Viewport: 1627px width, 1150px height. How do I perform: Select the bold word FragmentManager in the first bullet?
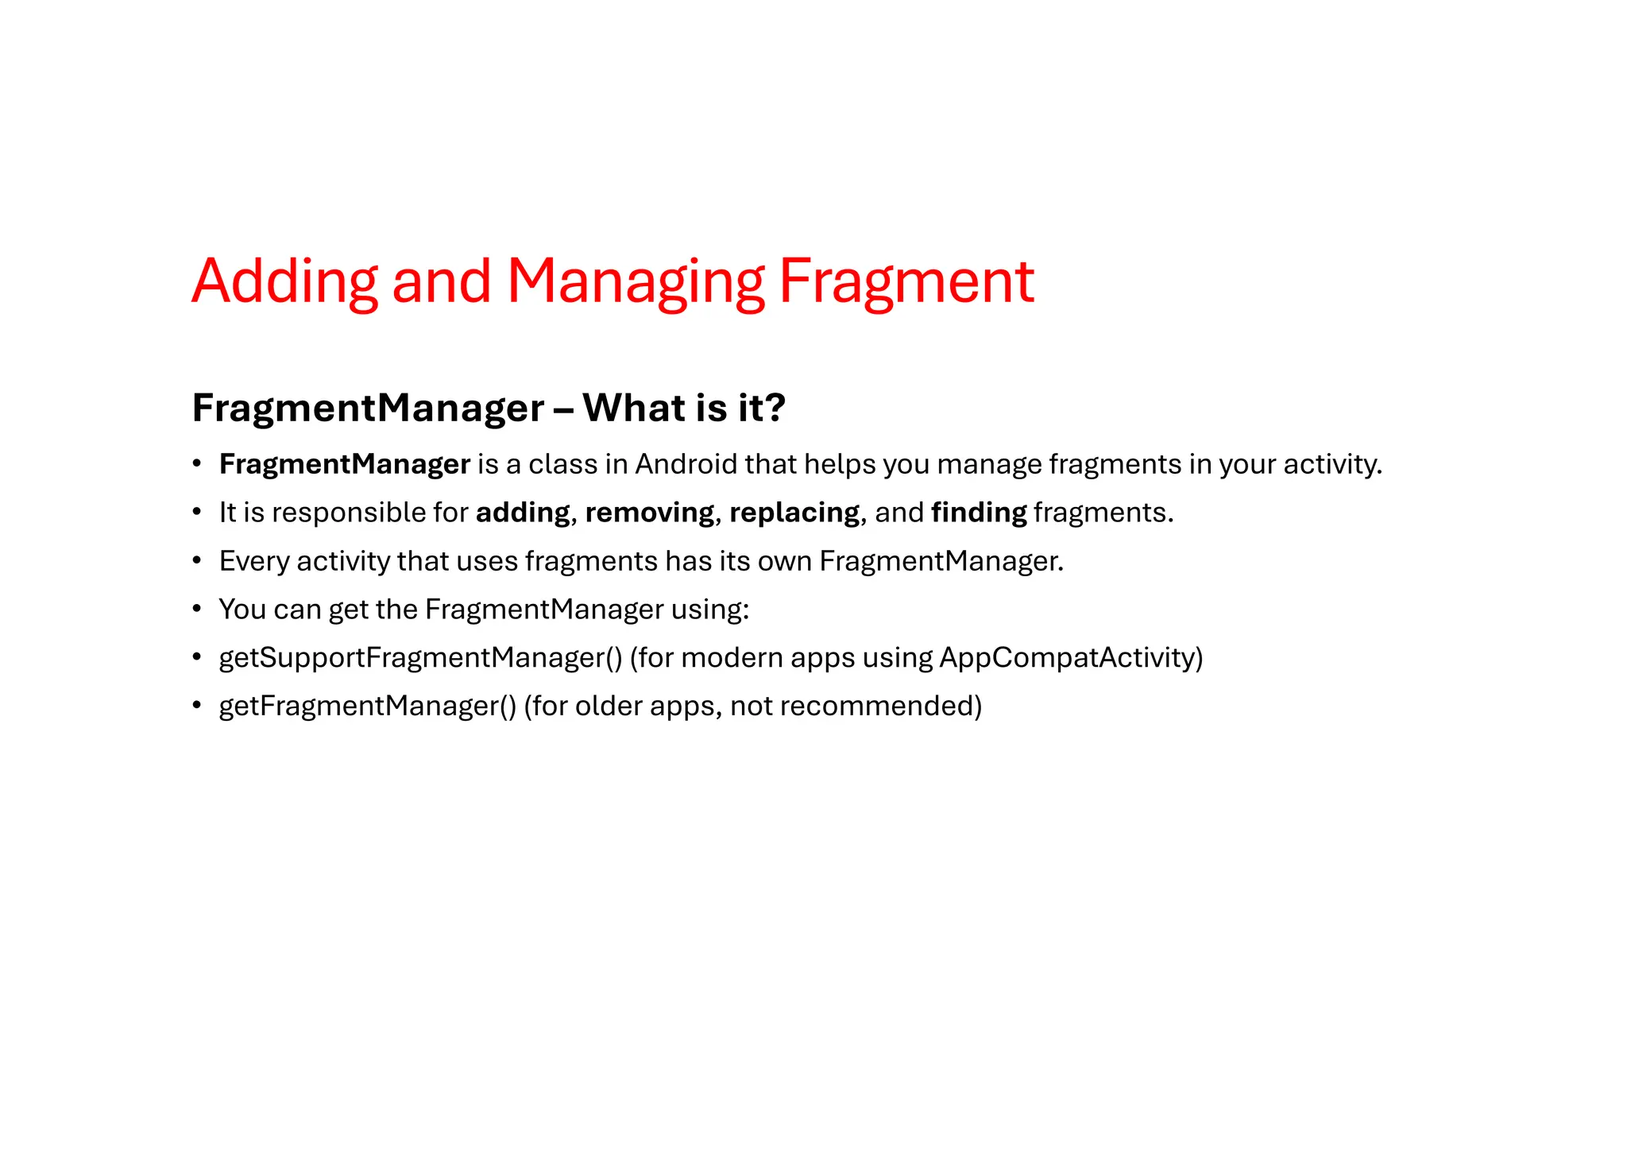345,464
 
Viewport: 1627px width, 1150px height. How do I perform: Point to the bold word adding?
523,513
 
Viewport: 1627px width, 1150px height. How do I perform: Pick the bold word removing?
649,513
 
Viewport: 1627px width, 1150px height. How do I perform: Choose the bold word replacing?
794,513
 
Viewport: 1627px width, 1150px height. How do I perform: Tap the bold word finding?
979,513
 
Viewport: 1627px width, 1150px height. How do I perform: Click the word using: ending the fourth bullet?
710,610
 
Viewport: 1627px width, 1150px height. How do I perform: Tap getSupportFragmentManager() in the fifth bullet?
420,658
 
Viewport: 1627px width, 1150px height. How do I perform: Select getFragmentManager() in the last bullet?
368,706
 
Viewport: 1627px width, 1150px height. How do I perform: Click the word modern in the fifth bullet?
732,658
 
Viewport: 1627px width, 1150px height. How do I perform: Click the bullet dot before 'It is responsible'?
196,513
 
